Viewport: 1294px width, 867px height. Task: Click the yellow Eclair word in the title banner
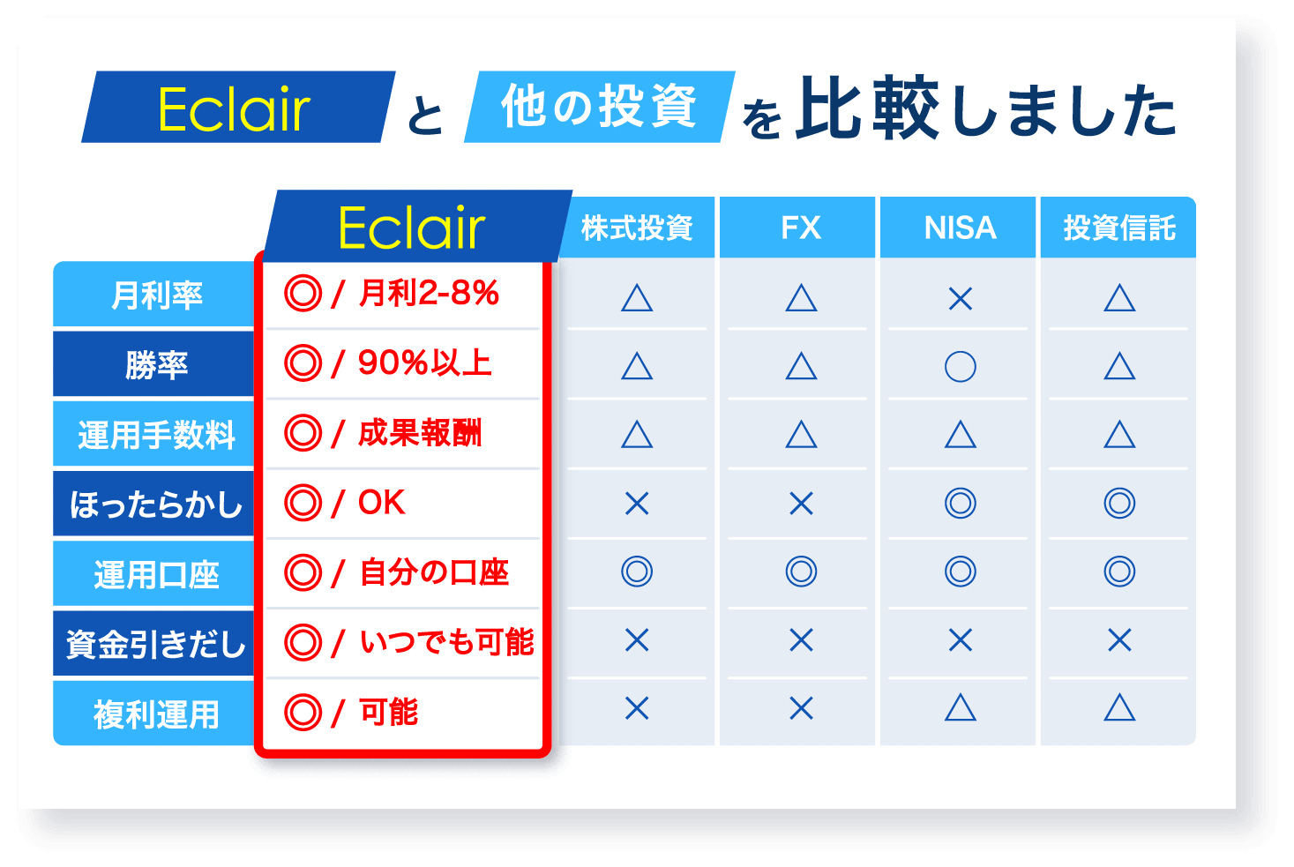coord(234,109)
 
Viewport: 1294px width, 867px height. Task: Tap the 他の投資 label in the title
coord(599,107)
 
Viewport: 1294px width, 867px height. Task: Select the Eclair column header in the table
coord(411,228)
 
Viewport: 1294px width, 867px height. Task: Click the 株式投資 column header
coord(637,228)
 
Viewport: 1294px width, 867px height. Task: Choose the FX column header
coord(800,228)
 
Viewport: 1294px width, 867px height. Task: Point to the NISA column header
coord(960,228)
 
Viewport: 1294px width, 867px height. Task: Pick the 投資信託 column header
coord(1118,228)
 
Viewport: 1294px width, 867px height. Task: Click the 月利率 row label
coord(156,295)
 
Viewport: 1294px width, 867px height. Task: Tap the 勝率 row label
coord(156,365)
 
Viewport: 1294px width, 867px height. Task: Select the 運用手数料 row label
coord(156,435)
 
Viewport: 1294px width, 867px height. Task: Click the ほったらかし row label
coord(156,505)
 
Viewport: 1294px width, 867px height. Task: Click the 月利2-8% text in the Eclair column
coord(429,294)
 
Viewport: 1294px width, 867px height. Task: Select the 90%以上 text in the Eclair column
coord(424,362)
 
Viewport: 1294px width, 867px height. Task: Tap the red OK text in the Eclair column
coord(381,503)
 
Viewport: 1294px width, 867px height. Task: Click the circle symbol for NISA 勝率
coord(960,366)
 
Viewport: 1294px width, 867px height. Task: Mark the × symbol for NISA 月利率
coord(960,299)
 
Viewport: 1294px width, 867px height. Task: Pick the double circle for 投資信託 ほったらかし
coord(1119,504)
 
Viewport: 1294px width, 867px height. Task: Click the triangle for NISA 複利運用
coord(960,707)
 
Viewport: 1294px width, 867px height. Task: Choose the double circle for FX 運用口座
coord(801,572)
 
